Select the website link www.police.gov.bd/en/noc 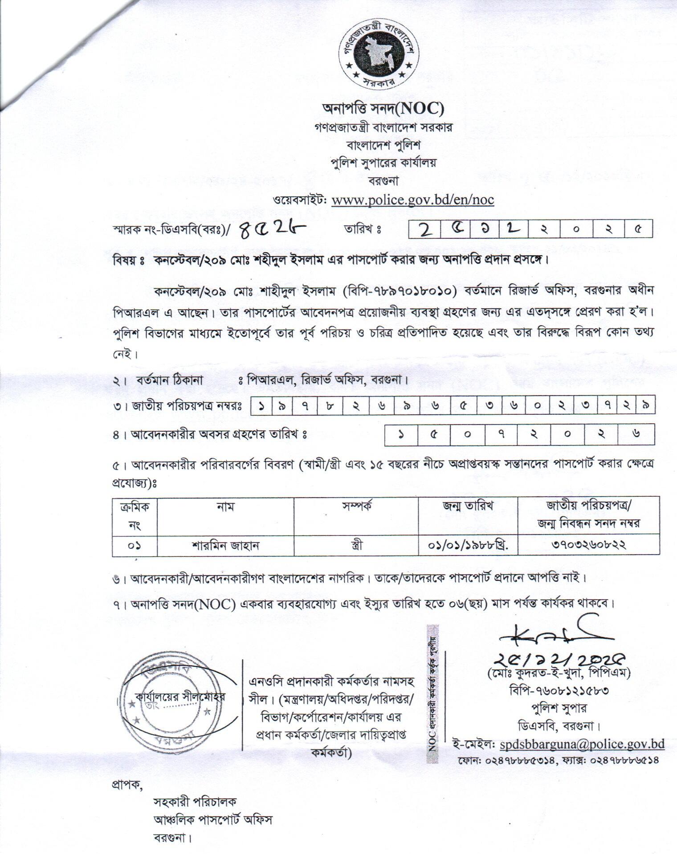click(413, 199)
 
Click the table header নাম click(225, 507)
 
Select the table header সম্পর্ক click(356, 507)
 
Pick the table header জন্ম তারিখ click(468, 507)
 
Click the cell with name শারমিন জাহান click(225, 545)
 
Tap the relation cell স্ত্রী click(356, 545)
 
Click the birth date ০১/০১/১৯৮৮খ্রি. click(468, 545)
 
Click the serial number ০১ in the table click(134, 545)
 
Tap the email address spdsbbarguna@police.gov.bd click(582, 744)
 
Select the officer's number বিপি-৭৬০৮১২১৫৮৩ click(559, 690)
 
